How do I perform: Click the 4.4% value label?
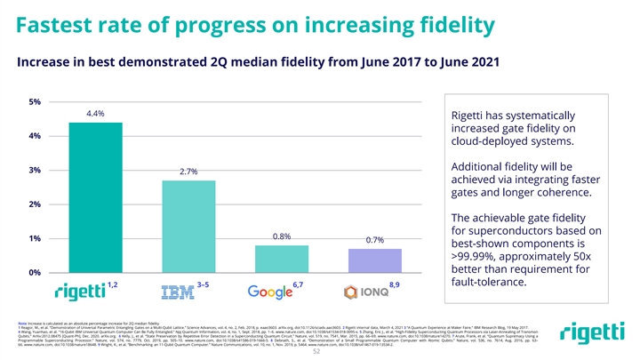click(96, 115)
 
